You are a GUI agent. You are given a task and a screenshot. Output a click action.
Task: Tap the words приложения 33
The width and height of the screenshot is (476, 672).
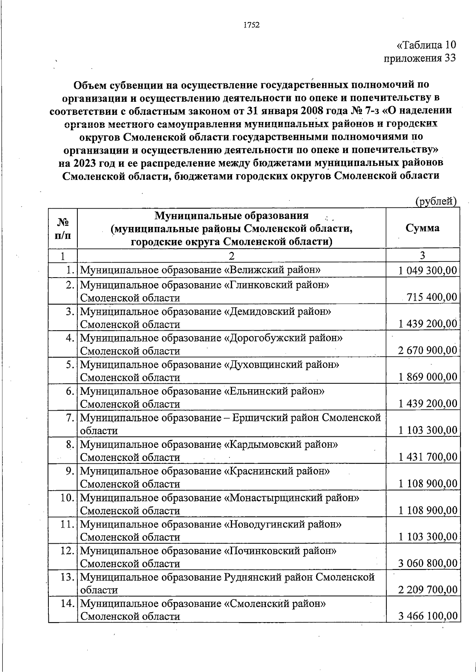click(x=420, y=58)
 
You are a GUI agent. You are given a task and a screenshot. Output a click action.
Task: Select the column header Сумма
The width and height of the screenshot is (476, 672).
click(x=422, y=228)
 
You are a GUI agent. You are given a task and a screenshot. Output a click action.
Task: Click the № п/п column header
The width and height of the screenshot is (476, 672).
click(x=63, y=228)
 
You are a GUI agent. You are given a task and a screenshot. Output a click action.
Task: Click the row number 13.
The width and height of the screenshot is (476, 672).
click(x=68, y=577)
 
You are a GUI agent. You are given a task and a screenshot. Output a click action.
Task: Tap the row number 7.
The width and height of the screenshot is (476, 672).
click(x=71, y=418)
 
